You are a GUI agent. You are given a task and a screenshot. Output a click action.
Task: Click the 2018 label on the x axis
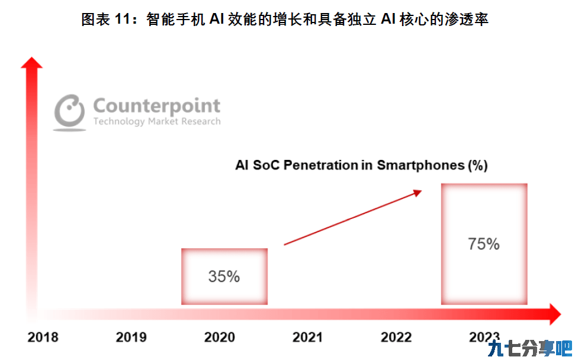(x=43, y=337)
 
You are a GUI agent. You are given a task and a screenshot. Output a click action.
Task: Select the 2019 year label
(x=131, y=337)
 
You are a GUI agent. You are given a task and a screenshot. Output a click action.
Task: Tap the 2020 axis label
(x=220, y=337)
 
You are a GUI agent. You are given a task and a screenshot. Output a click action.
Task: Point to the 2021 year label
(x=308, y=337)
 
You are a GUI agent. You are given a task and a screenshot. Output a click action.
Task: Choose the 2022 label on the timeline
(x=396, y=337)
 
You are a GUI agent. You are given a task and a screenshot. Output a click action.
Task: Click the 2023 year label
(x=484, y=337)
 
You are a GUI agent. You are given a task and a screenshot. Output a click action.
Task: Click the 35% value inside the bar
(x=224, y=277)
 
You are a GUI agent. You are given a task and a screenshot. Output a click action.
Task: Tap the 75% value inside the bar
(x=484, y=244)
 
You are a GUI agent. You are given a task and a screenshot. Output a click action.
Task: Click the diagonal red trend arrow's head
(x=418, y=192)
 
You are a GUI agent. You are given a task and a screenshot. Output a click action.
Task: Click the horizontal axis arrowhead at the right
(x=555, y=314)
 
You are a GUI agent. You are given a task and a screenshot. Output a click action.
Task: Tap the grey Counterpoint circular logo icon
(x=70, y=112)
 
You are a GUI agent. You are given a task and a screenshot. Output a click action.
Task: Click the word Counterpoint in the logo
(x=156, y=106)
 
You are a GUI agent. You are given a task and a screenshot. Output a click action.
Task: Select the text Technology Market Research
(x=157, y=121)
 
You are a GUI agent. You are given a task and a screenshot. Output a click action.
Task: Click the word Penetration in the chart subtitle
(x=321, y=165)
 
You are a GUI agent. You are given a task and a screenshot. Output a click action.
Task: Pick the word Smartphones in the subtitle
(x=420, y=165)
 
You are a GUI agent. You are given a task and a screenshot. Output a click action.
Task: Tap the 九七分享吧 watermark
(x=530, y=348)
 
